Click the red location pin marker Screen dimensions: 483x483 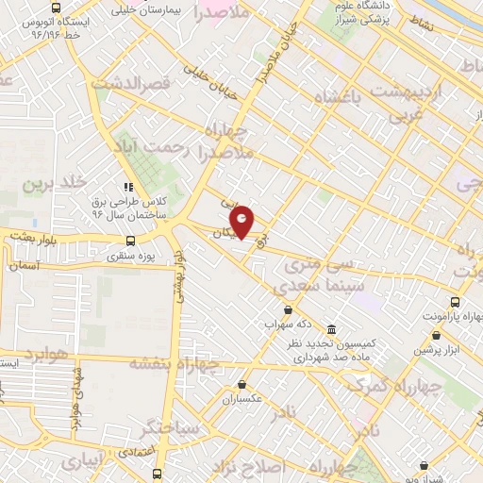click(243, 221)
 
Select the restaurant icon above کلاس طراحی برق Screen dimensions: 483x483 click(129, 185)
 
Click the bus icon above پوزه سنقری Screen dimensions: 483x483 click(128, 240)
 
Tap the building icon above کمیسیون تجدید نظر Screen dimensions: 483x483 click(332, 329)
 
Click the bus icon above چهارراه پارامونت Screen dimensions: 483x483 click(456, 302)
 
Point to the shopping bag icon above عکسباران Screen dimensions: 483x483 click(243, 385)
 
